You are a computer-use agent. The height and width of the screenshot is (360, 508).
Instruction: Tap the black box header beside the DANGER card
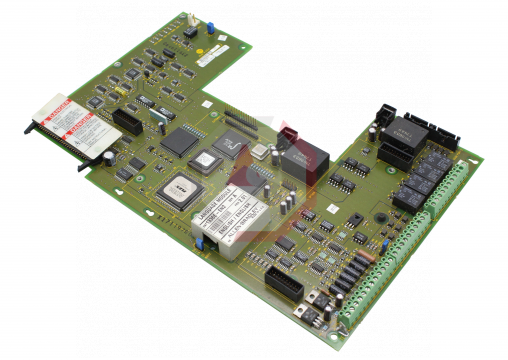tap(127, 123)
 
